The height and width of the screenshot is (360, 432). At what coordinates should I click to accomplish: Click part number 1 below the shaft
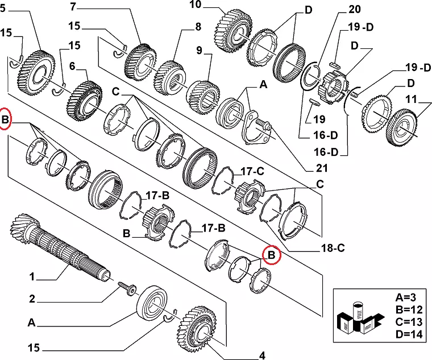(32, 277)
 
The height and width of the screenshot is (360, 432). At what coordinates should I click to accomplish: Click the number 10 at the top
(195, 6)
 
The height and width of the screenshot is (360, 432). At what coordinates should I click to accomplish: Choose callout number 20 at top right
(355, 9)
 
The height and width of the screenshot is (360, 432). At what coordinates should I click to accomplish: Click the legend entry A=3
(406, 297)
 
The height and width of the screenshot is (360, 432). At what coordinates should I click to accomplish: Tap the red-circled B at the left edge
(6, 120)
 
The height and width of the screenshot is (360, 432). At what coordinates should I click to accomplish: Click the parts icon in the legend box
(358, 318)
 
